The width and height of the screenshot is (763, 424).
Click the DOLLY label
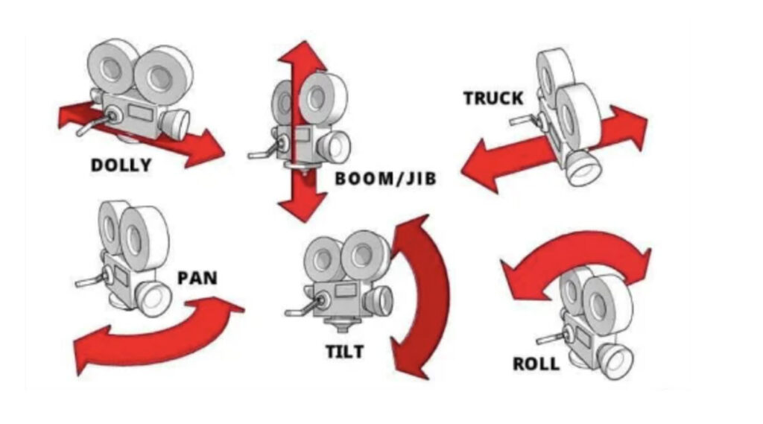[121, 165]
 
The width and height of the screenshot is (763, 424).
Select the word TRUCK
[493, 98]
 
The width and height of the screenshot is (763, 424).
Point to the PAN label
[197, 278]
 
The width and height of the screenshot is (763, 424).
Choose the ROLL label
[535, 364]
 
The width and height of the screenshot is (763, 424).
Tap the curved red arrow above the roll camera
[574, 253]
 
